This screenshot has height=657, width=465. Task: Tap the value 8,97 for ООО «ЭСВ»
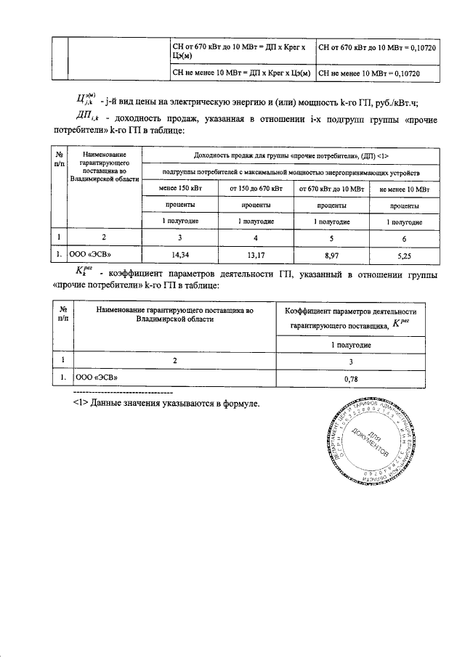click(x=328, y=254)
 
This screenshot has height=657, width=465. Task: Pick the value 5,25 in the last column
click(x=404, y=254)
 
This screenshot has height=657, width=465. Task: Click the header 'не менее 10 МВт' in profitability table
click(x=404, y=189)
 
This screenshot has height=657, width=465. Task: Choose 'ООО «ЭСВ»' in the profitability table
click(x=90, y=254)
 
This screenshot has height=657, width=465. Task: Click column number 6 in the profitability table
click(x=404, y=237)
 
